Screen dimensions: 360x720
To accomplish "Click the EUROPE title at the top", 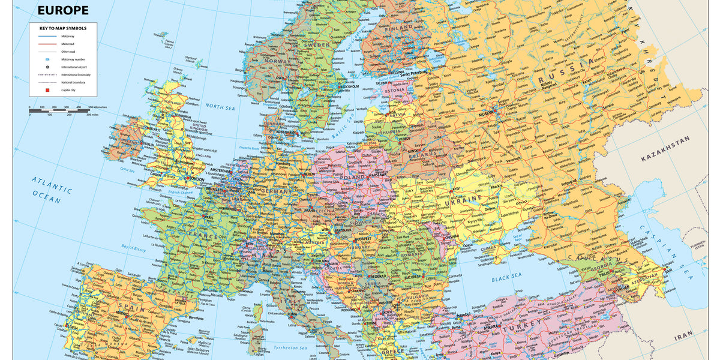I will tap(63, 10).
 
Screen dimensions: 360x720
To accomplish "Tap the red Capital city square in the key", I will tap(47, 89).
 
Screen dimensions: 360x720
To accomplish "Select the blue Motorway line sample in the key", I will tap(47, 37).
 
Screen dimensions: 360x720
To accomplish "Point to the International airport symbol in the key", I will tap(47, 67).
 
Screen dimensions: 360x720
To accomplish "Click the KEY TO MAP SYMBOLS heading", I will tap(62, 28).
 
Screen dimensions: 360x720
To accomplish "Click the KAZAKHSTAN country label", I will tap(665, 157).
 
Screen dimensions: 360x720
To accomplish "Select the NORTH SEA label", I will tap(220, 106).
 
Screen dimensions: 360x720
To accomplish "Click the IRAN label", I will tap(683, 338).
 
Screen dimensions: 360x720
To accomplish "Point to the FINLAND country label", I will tap(398, 27).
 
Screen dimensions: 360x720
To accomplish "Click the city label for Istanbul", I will tap(463, 314).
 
